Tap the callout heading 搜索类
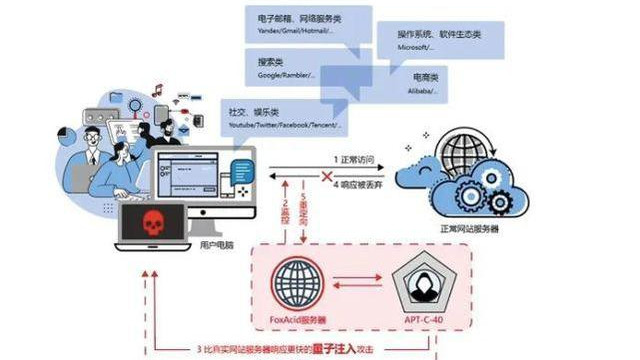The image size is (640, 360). pos(274,61)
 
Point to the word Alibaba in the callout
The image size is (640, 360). pos(417,90)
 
